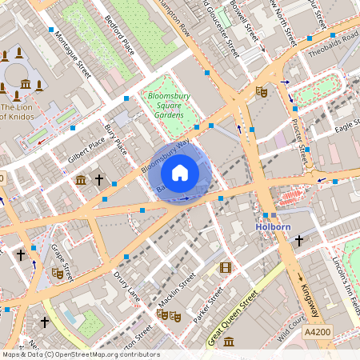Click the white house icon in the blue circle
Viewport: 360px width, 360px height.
(180, 172)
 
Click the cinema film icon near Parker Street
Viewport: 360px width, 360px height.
(225, 267)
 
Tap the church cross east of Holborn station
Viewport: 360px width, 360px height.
(299, 240)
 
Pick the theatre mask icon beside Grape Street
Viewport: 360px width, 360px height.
(57, 273)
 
